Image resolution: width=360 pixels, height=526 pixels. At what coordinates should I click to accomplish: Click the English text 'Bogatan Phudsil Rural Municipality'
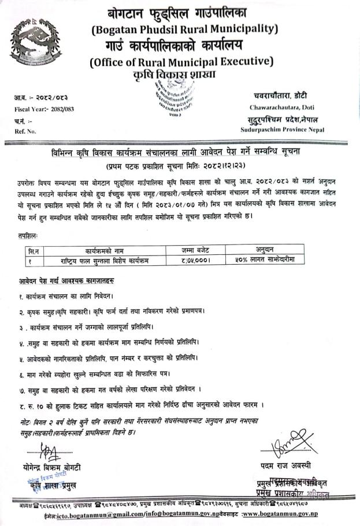tap(184, 28)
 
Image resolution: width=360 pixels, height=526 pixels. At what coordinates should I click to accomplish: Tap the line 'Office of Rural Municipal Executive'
tap(181, 61)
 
